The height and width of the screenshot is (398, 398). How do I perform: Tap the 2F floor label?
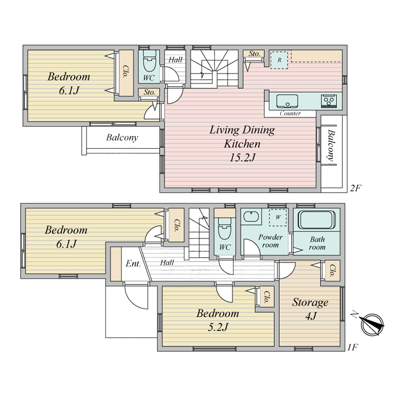point(356,188)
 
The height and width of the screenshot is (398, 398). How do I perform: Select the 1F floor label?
point(352,347)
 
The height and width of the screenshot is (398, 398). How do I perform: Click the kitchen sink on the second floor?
point(287,101)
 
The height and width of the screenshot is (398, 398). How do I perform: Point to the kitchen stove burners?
point(329,101)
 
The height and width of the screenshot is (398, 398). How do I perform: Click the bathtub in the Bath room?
point(317,219)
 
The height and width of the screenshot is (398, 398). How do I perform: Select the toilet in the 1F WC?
point(225,228)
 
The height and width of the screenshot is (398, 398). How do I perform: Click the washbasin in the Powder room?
point(251,216)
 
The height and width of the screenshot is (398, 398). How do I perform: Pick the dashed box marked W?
point(278,217)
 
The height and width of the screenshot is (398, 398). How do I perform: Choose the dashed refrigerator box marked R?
point(279,60)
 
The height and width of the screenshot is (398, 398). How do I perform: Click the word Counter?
point(290,113)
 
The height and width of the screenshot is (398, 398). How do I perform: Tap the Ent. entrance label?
point(133,264)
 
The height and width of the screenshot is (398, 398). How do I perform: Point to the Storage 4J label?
point(310,309)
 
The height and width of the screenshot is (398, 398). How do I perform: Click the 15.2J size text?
point(242,158)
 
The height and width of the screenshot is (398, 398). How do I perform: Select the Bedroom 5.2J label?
point(218,320)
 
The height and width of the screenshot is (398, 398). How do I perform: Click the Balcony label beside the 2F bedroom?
point(122,138)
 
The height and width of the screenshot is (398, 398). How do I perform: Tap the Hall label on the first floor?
point(167,262)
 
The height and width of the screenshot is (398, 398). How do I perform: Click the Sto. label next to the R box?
point(254,54)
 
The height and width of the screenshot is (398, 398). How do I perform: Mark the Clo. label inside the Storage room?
point(332,271)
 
